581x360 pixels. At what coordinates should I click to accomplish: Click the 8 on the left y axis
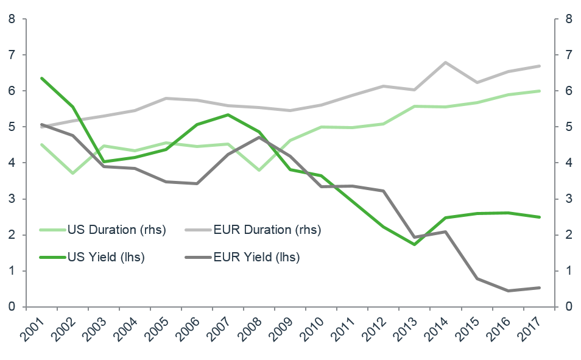coord(12,19)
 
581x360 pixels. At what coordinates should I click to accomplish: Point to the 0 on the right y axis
coord(569,307)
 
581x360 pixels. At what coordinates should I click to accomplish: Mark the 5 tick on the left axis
coord(12,127)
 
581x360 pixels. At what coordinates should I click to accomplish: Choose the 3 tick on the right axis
coord(569,199)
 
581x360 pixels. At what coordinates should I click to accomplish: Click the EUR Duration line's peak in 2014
coord(445,62)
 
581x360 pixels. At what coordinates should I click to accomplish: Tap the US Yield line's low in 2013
coord(414,245)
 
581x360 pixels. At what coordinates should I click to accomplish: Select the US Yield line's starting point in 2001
coord(41,78)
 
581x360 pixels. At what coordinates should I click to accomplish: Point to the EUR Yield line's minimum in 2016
coord(508,291)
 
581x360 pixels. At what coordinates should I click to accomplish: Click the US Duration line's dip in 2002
coord(72,174)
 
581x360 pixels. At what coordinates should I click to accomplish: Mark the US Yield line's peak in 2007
coord(228,115)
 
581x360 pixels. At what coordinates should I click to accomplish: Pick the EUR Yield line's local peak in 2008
coord(259,136)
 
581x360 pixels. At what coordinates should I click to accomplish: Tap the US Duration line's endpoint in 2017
coord(540,91)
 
